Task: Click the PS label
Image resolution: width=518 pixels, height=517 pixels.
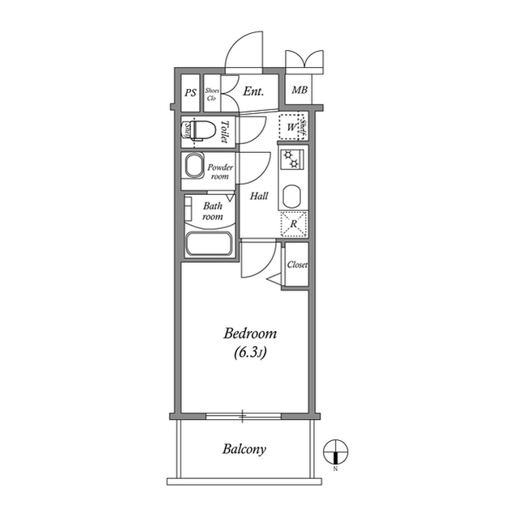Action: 190,93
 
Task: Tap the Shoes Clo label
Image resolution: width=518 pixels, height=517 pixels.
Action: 212,93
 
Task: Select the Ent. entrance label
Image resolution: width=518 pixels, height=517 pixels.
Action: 253,93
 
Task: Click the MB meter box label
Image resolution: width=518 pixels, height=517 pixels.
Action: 299,90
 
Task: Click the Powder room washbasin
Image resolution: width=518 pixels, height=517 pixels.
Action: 194,167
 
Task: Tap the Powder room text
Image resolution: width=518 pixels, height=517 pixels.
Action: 220,172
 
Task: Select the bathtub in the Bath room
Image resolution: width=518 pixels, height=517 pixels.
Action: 209,244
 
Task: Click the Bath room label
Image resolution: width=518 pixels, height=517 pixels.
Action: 212,211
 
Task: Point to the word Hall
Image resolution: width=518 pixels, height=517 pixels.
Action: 259,196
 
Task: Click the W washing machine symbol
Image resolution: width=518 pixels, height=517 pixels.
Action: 289,127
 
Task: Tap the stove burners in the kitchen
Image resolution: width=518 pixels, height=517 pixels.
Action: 291,159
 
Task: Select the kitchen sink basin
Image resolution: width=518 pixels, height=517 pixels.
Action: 291,194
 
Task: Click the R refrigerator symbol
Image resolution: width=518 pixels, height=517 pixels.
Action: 293,223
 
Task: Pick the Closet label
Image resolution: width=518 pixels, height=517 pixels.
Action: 296,265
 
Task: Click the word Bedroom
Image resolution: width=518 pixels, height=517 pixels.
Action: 250,333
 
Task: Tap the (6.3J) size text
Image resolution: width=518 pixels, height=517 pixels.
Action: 250,352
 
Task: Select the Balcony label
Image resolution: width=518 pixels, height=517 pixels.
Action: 244,449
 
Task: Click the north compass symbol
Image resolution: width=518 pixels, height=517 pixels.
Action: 335,451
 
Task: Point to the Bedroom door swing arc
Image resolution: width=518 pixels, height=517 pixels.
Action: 253,267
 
